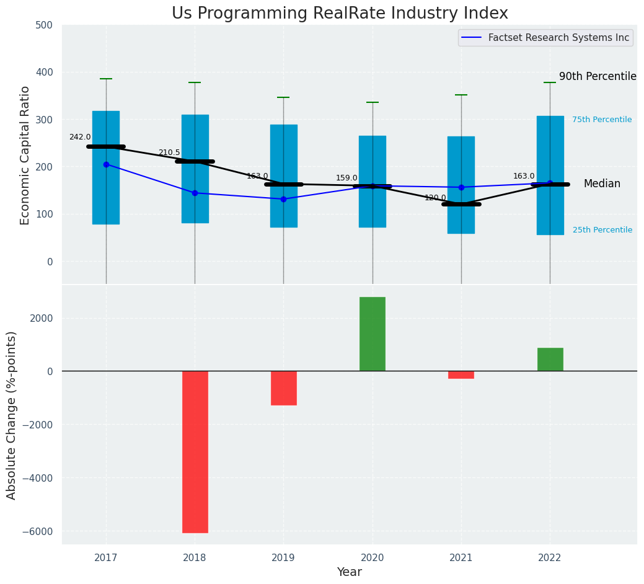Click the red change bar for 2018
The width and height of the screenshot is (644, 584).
[195, 451]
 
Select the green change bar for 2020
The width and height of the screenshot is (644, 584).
[372, 334]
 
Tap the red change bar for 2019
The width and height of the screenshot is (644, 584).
[283, 388]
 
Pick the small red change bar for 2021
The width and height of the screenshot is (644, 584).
[461, 374]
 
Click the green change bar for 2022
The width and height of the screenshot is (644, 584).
[550, 360]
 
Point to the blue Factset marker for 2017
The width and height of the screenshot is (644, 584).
[106, 164]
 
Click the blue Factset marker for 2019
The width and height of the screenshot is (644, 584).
[283, 199]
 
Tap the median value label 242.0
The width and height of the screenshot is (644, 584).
[80, 137]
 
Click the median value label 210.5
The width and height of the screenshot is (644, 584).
[169, 153]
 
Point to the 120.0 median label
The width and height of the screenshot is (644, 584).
[435, 198]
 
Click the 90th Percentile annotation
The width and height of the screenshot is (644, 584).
[598, 76]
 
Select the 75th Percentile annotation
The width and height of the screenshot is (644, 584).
[602, 120]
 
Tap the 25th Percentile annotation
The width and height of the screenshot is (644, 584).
[602, 230]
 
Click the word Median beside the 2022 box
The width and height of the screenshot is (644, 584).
[602, 184]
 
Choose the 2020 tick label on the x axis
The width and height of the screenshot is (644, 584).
[372, 558]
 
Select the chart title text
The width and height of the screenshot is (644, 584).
[340, 14]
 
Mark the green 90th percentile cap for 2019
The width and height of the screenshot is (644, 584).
[283, 97]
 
